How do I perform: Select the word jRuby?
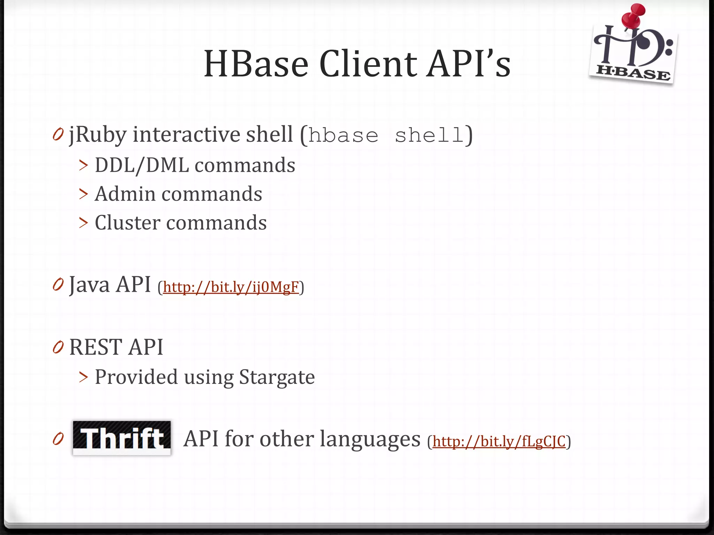98,135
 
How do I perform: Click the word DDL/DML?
142,165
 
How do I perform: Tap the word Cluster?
128,223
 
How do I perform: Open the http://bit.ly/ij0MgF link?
231,287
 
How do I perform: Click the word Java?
90,284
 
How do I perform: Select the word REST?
96,347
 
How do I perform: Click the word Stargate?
277,377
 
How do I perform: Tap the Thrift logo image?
122,437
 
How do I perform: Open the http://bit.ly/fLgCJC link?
499,442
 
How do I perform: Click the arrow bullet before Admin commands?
83,194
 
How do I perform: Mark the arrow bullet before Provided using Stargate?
83,377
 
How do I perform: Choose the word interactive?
186,134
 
